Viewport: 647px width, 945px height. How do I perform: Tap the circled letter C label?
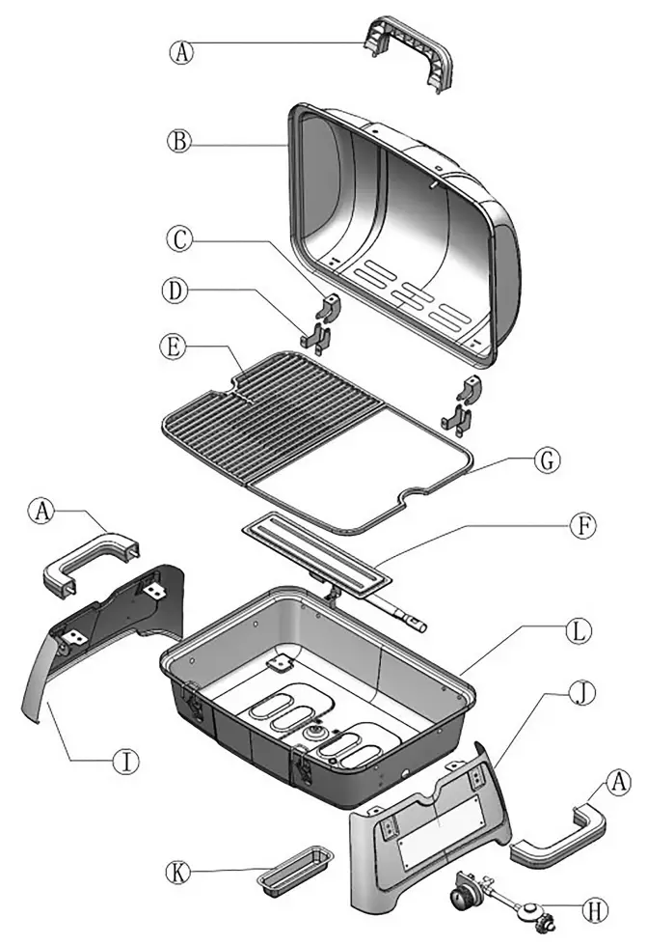176,236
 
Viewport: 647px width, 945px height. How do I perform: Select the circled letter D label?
176,290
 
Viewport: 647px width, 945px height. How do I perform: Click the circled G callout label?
546,461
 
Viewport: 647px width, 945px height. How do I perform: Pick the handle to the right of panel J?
560,836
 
